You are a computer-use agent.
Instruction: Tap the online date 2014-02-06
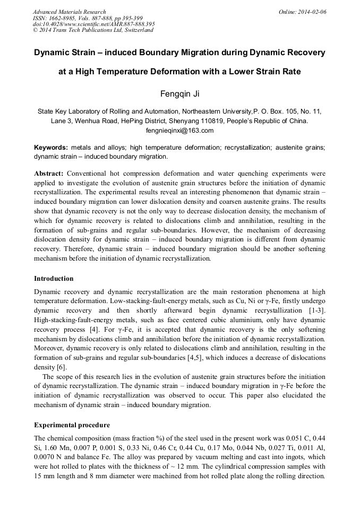click(x=312, y=12)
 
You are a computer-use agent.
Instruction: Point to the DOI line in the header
click(x=93, y=24)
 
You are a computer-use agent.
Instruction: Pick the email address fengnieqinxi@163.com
click(x=179, y=130)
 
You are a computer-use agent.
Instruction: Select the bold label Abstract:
click(x=49, y=174)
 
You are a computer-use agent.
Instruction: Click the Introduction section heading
click(x=54, y=279)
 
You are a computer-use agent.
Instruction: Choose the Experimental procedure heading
click(x=72, y=425)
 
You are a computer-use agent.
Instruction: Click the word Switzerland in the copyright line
click(x=138, y=30)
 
